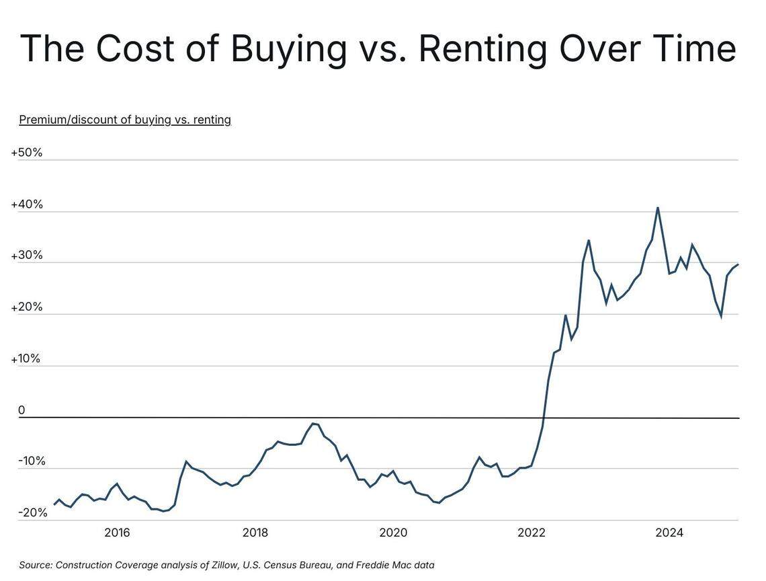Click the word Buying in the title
tap(289, 48)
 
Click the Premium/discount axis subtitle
tap(125, 120)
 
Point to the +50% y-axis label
tap(27, 153)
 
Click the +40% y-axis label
tap(27, 204)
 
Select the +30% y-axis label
tap(27, 256)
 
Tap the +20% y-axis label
tap(27, 307)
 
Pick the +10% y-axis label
tap(26, 359)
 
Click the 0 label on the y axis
tap(22, 410)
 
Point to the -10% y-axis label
tap(32, 461)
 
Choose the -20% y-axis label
tap(33, 513)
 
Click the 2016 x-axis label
tap(117, 533)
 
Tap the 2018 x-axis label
tap(255, 533)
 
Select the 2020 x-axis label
tap(393, 533)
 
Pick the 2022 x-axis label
tap(531, 533)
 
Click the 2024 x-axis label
tap(669, 533)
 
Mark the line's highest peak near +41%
tap(657, 208)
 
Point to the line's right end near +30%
tap(738, 264)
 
